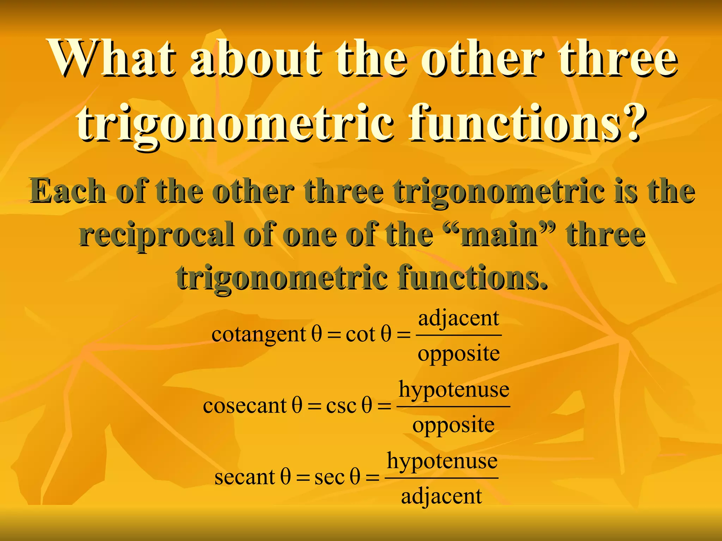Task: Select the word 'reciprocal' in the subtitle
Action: click(x=156, y=235)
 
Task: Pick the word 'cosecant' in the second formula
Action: click(x=245, y=406)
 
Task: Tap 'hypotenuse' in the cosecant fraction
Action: click(x=454, y=390)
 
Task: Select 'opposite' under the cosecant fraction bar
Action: click(x=453, y=425)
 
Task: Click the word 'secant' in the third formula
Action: click(x=245, y=478)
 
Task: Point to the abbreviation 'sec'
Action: click(x=329, y=478)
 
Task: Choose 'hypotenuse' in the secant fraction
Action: click(x=442, y=461)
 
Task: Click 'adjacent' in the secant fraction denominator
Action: click(x=441, y=497)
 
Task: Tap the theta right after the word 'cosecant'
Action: click(x=297, y=405)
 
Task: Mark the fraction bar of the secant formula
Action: click(x=441, y=478)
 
